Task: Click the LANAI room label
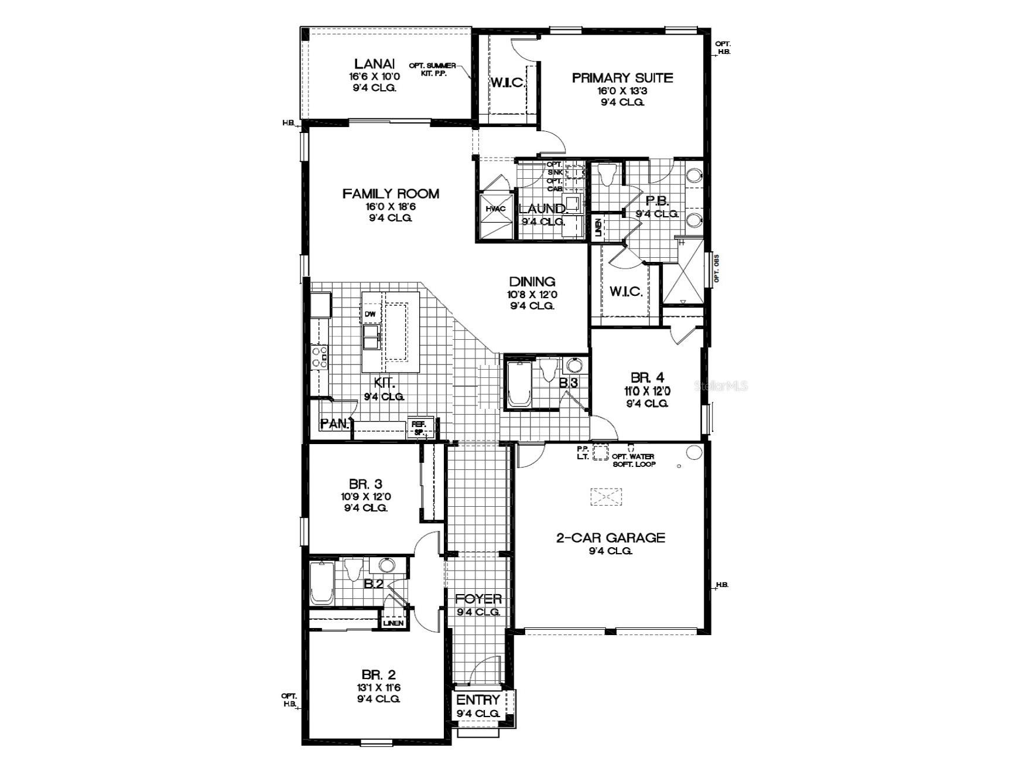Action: (x=375, y=64)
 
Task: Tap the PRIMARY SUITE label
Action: (x=622, y=78)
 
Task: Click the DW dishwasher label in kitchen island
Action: (x=370, y=315)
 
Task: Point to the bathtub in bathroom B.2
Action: (x=321, y=583)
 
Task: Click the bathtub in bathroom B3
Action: (x=518, y=384)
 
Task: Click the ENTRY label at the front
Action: (x=478, y=700)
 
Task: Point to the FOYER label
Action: (x=478, y=599)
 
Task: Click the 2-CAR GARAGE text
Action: (x=610, y=538)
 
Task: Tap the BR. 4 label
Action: (x=647, y=377)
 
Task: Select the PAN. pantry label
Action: (x=334, y=423)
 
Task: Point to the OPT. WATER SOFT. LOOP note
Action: (x=634, y=460)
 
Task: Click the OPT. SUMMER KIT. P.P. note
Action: (x=433, y=69)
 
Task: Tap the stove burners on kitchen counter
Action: (x=320, y=357)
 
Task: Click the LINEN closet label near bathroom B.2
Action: (x=394, y=623)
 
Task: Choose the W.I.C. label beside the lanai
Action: (x=507, y=83)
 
